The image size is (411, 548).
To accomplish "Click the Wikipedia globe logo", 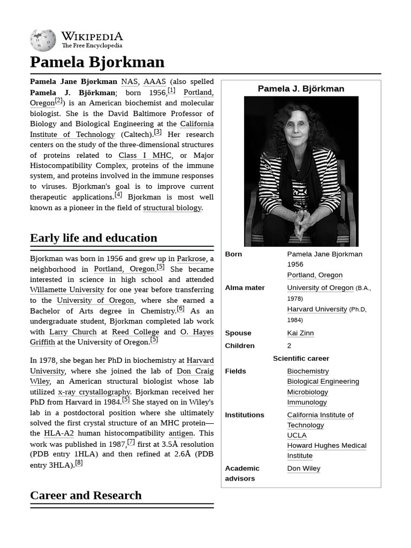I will [x=43, y=40].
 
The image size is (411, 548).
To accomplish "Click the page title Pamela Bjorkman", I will [x=97, y=62].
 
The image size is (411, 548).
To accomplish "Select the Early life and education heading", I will [x=94, y=238].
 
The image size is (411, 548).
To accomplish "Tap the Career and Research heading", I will [x=86, y=496].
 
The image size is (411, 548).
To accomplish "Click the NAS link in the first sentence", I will [x=129, y=82].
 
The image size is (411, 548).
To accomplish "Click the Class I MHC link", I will [x=144, y=155].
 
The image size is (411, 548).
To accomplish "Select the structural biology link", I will [x=172, y=208].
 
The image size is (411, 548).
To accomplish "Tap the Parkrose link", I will [x=191, y=259].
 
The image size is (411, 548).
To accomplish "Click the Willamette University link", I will [x=67, y=290].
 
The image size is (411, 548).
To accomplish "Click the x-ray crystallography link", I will [x=94, y=392].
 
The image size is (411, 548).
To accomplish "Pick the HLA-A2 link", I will [x=59, y=433].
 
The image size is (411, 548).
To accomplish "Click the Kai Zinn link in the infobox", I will [x=300, y=333].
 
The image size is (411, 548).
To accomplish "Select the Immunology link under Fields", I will [x=307, y=402].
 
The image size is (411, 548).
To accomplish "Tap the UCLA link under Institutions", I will [x=296, y=436].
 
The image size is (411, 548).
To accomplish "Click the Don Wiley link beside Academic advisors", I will [x=303, y=468].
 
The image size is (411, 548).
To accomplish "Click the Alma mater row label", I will [x=245, y=288].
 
